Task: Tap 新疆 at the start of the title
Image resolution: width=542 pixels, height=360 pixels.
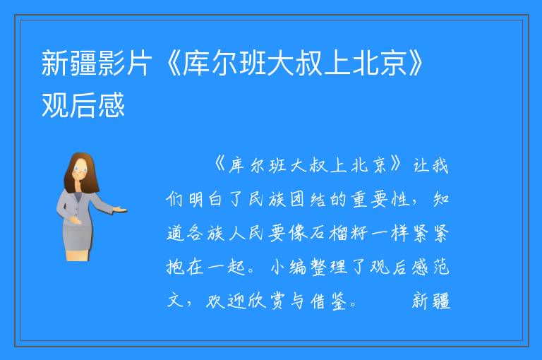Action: [x=68, y=63]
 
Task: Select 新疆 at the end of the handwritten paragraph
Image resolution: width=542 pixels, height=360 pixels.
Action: [x=431, y=301]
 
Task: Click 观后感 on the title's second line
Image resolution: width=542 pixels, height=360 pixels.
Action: [x=83, y=105]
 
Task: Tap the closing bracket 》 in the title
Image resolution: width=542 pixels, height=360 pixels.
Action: [x=415, y=63]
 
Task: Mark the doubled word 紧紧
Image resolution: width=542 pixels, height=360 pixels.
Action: [x=430, y=233]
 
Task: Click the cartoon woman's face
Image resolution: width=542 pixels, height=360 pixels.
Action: [x=80, y=169]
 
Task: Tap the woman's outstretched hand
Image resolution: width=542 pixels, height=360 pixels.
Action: [x=120, y=209]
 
